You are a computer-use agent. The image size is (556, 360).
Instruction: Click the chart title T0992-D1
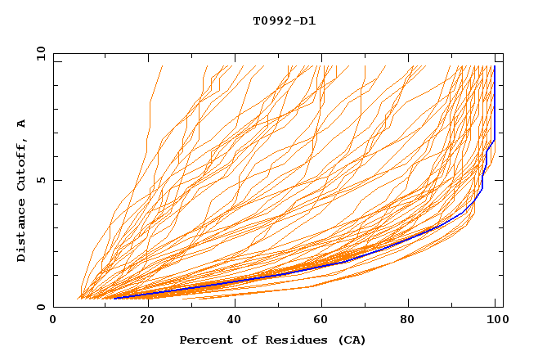point(284,20)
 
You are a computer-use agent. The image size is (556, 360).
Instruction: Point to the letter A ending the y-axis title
point(22,124)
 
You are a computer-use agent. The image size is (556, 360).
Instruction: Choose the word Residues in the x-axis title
point(290,340)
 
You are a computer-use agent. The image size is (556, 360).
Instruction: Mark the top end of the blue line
point(495,66)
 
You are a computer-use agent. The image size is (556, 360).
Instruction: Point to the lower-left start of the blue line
point(114,298)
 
